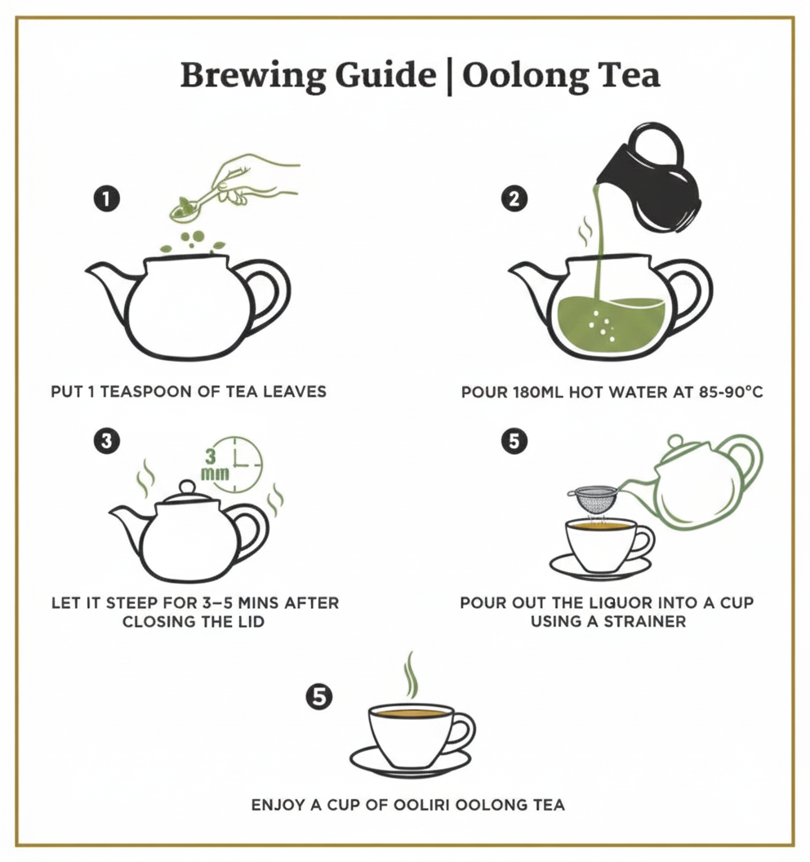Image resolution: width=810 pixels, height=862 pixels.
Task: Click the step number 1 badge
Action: (106, 198)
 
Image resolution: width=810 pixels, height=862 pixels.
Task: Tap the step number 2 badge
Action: (514, 198)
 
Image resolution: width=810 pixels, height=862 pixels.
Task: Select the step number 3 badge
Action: (106, 441)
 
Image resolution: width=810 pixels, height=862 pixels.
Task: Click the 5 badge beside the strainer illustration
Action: (514, 441)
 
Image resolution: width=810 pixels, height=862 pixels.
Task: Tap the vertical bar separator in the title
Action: (448, 76)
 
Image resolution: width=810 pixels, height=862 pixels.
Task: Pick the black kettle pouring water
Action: (649, 180)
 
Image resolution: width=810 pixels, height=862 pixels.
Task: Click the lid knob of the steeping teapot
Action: (187, 487)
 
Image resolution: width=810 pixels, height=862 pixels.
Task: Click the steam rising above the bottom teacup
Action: (411, 674)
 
